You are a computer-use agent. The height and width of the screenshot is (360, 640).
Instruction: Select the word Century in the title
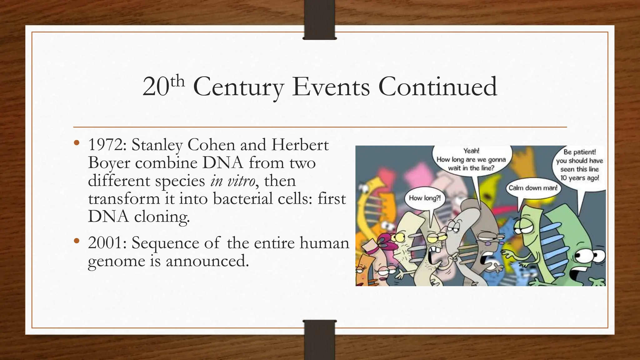(238, 87)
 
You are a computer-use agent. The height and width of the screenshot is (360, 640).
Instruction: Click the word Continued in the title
(437, 87)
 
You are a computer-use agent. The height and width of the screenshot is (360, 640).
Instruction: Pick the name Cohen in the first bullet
(211, 145)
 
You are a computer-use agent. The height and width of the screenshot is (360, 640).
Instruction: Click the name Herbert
(300, 145)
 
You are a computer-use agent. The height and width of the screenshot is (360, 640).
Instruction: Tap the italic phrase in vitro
(232, 181)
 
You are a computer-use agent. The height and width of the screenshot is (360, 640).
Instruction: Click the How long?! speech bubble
(425, 198)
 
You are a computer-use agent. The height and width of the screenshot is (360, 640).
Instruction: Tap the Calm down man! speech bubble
(533, 188)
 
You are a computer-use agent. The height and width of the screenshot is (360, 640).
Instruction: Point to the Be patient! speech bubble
(580, 165)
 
